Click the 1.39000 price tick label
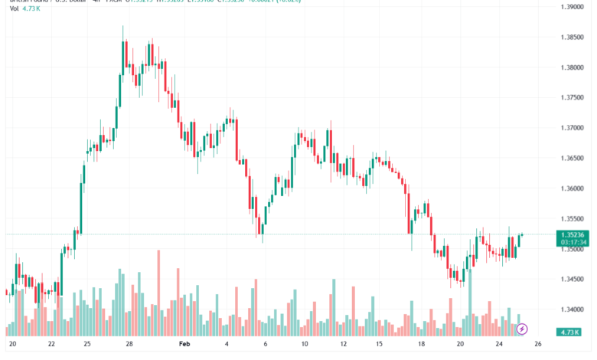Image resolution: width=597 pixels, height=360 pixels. pyautogui.click(x=573, y=7)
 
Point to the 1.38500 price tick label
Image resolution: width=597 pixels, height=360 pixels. pyautogui.click(x=573, y=38)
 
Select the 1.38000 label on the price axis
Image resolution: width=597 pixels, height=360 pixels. pyautogui.click(x=573, y=67)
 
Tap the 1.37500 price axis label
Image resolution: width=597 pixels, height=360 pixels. pyautogui.click(x=573, y=98)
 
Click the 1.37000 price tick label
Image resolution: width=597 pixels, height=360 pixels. pyautogui.click(x=573, y=128)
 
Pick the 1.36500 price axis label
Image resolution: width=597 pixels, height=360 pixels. pyautogui.click(x=573, y=159)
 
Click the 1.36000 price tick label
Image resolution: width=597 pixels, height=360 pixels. pyautogui.click(x=573, y=188)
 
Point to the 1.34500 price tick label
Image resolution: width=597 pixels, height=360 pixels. pyautogui.click(x=573, y=280)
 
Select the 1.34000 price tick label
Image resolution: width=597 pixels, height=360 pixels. pyautogui.click(x=573, y=309)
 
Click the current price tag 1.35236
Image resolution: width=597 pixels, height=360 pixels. pyautogui.click(x=573, y=235)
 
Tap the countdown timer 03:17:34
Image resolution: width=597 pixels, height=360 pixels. pyautogui.click(x=573, y=242)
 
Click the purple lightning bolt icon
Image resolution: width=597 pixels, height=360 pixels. pyautogui.click(x=523, y=329)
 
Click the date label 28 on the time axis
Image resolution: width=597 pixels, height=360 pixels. pyautogui.click(x=129, y=345)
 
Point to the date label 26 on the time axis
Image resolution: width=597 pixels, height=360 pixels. pyautogui.click(x=538, y=345)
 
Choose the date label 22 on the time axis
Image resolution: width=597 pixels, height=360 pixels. pyautogui.click(x=51, y=345)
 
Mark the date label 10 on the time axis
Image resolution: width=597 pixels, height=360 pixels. pyautogui.click(x=304, y=345)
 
